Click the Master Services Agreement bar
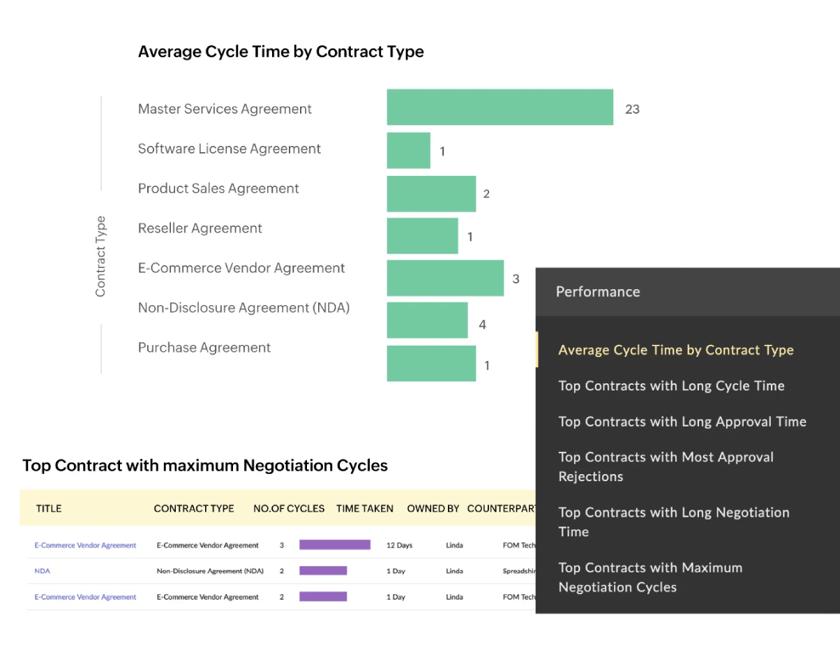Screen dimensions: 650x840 [x=500, y=108]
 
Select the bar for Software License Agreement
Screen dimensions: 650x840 [x=408, y=150]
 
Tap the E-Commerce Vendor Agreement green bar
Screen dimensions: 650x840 [x=445, y=278]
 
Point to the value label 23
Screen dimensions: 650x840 [x=632, y=109]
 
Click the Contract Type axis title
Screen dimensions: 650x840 [x=100, y=256]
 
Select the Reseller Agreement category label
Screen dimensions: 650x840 [x=200, y=228]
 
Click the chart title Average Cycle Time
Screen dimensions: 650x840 [x=280, y=52]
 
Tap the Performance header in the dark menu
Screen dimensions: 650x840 [x=597, y=292]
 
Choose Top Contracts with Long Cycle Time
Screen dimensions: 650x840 [x=671, y=386]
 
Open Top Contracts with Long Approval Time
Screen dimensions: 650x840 [x=682, y=422]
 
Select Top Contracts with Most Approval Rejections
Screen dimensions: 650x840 [x=666, y=466]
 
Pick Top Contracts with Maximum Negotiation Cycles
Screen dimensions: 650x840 [x=650, y=577]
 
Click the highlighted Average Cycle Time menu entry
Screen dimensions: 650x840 [x=675, y=350]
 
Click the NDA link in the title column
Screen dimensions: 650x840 [x=42, y=571]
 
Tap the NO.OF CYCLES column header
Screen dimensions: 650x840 [x=289, y=509]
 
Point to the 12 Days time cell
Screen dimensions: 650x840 [x=400, y=545]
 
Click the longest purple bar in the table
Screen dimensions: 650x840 [x=335, y=545]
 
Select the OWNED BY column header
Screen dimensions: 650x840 [x=433, y=509]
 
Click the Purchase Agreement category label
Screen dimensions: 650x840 [x=204, y=348]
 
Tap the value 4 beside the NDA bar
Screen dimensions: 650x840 [x=482, y=325]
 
